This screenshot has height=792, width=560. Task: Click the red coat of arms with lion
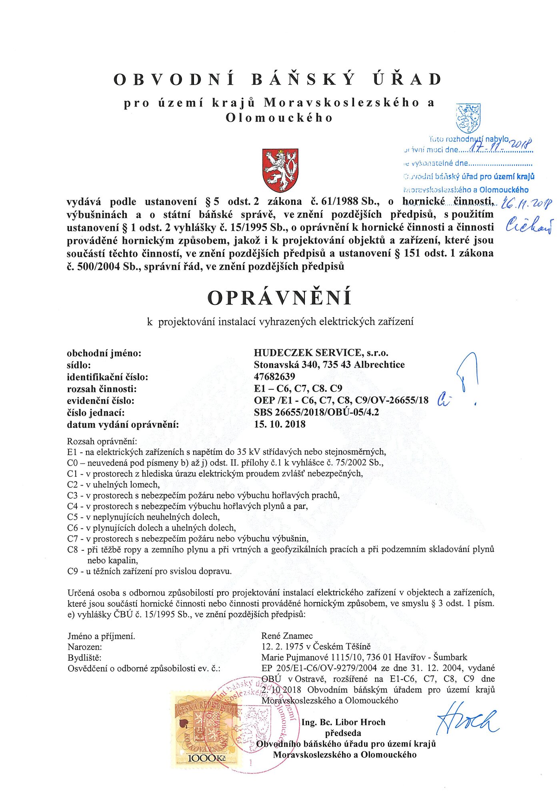coord(280,170)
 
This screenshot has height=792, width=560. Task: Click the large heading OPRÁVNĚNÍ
coord(280,298)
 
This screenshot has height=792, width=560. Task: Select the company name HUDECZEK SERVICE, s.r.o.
coord(321,353)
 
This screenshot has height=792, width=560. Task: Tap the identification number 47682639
coord(274,376)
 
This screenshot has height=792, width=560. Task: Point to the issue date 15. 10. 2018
coord(280,424)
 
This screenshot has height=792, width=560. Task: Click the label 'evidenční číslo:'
coord(100,400)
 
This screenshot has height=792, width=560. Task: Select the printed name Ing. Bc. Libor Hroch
coord(343,722)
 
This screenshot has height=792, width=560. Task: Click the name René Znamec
coord(287,636)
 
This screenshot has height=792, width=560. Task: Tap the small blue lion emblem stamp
coord(468,118)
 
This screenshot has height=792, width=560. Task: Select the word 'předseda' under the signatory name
coord(343,733)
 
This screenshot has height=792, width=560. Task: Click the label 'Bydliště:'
coord(84,657)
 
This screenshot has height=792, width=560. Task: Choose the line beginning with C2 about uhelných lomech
coord(114,484)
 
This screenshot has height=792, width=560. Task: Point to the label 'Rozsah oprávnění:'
coord(102,441)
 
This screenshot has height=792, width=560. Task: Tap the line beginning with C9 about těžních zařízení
coord(150,571)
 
